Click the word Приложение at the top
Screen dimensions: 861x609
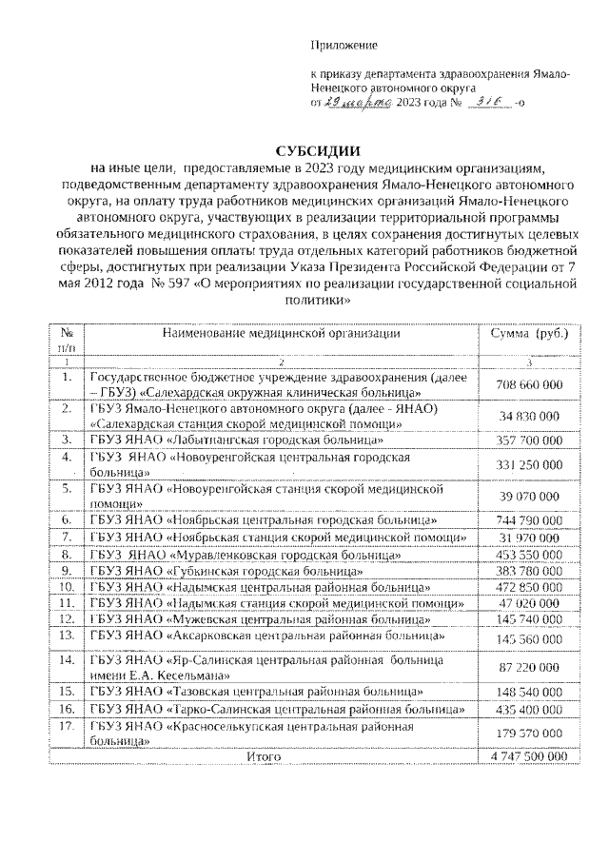click(344, 45)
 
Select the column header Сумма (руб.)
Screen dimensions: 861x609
click(529, 334)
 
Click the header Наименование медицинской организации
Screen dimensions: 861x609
click(281, 334)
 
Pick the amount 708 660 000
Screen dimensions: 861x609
click(529, 384)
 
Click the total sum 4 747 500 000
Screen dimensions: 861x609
click(529, 755)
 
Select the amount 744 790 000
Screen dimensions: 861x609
click(529, 520)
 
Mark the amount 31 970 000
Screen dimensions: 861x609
click(529, 538)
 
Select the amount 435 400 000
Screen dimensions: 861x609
click(529, 709)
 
